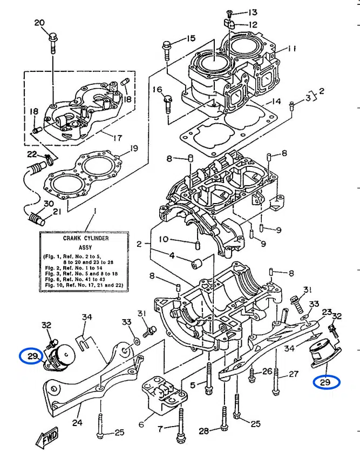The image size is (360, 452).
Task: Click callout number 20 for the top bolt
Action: click(39, 23)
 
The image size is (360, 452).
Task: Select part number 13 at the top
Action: click(253, 12)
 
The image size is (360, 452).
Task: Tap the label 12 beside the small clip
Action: click(253, 24)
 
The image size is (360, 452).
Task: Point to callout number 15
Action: click(191, 38)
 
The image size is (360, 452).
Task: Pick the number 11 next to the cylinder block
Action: click(292, 49)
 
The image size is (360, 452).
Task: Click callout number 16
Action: click(157, 89)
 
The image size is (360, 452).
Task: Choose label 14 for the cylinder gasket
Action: click(276, 101)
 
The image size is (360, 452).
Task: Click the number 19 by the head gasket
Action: click(134, 149)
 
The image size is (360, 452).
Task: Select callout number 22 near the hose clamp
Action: click(32, 155)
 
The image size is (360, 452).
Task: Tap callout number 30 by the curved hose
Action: click(49, 204)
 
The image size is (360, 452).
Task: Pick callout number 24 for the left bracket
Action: click(77, 423)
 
